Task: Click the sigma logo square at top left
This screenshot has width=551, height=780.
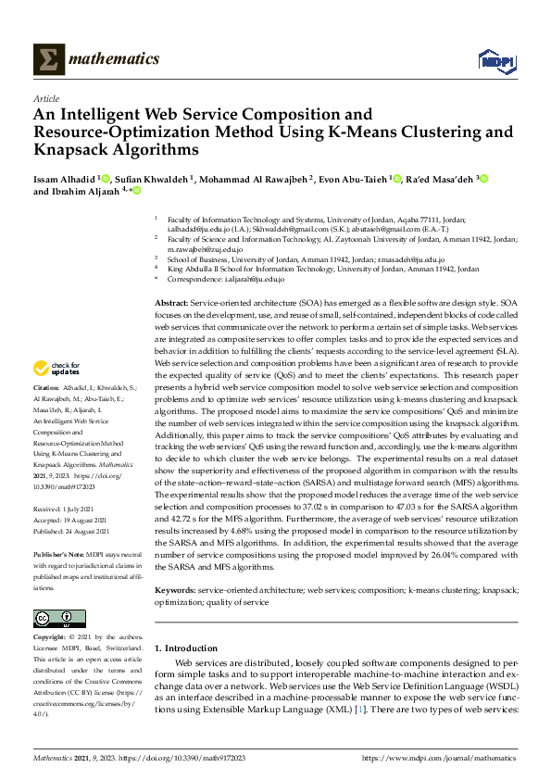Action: click(x=49, y=59)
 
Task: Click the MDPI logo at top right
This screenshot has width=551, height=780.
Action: click(x=495, y=60)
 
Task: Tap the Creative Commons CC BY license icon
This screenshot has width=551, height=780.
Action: click(x=53, y=618)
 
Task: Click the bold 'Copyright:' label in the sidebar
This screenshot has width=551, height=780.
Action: click(x=49, y=637)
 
